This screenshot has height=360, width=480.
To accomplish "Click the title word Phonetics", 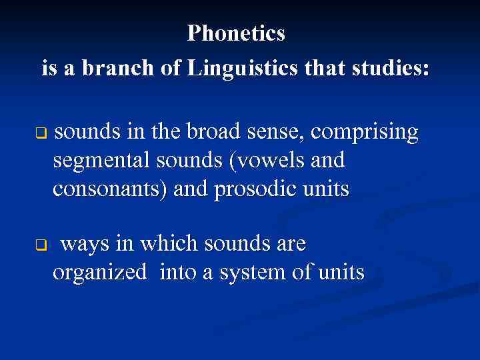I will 236,33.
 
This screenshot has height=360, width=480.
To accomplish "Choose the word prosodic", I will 253,190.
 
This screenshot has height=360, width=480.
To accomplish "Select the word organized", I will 99,273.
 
